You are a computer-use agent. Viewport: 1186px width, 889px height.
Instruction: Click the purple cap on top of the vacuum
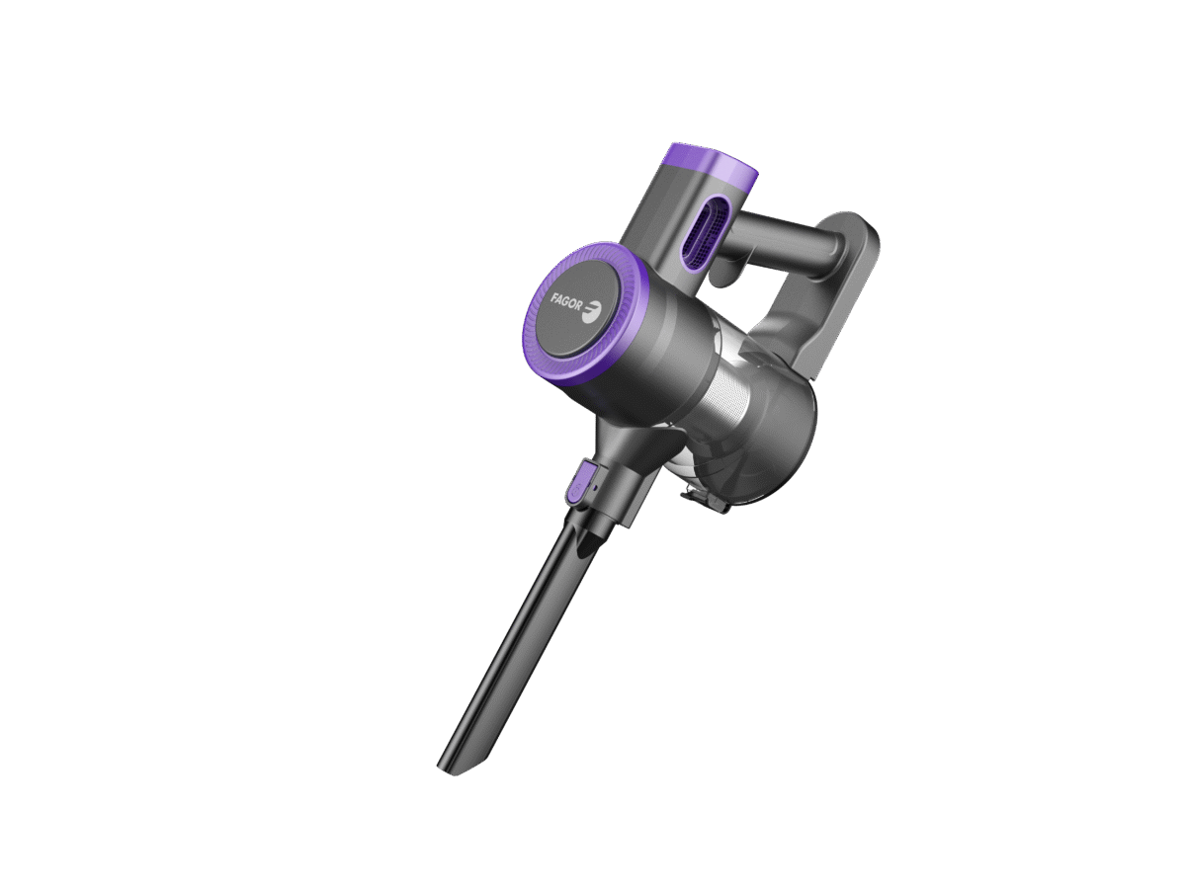pos(713,168)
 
